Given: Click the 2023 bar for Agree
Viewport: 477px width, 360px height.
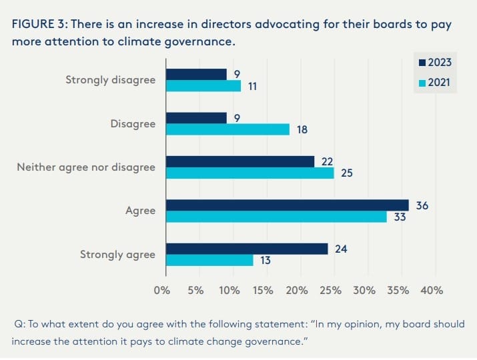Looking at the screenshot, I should click(x=287, y=205).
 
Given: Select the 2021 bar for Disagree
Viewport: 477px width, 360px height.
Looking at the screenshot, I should click(x=227, y=129).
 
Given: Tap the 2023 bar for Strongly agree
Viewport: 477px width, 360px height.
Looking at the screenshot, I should click(x=247, y=249).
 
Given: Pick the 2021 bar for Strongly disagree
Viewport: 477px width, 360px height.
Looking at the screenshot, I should click(x=203, y=86).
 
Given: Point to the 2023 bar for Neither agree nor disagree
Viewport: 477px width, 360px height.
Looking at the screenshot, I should click(x=240, y=161).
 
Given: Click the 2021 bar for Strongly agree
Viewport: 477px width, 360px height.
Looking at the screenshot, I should click(x=209, y=260).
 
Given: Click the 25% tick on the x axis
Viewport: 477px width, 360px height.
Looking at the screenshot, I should click(x=331, y=291).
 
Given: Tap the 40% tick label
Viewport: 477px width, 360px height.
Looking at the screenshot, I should click(x=432, y=291).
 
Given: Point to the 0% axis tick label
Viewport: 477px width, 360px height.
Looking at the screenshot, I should click(x=162, y=291).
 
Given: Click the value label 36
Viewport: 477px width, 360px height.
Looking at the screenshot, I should click(x=422, y=205).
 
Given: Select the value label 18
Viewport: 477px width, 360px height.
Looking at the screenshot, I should click(x=302, y=129).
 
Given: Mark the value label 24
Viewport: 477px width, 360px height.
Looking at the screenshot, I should click(x=341, y=249).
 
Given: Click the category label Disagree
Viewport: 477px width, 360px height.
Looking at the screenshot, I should click(x=133, y=123).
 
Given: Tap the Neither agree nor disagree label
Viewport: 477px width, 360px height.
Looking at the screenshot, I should click(x=86, y=167).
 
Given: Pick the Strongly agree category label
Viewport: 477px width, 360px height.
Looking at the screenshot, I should click(x=117, y=254).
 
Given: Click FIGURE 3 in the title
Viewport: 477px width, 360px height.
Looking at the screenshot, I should click(x=38, y=23).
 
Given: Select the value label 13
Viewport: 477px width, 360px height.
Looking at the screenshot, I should click(x=266, y=260).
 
